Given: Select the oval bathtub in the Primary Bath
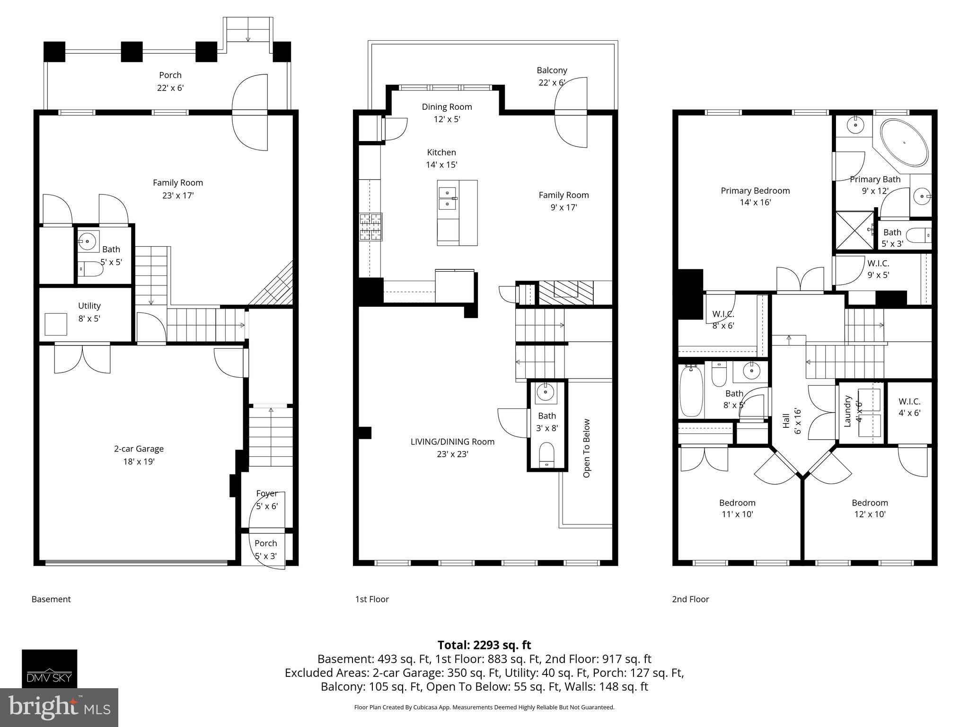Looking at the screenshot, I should coord(904,142).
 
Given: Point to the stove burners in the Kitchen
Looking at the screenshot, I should coord(370,227).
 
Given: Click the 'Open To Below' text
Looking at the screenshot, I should coord(587,448).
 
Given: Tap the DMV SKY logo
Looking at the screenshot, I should coord(49,668).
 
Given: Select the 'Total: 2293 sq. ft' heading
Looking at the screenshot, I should coord(484,645).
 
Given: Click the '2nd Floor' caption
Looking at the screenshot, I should coord(690,599).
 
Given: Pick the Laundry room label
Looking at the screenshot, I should coord(847,411).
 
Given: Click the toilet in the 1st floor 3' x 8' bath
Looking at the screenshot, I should coord(546,455).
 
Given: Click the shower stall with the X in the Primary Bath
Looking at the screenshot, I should coord(854,231).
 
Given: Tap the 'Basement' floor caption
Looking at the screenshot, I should coord(51,599).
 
